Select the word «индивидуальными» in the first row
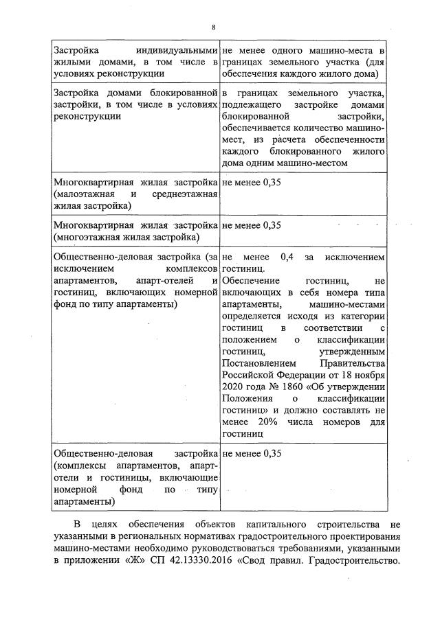[x=177, y=51]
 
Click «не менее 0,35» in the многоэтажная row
[x=252, y=225]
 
